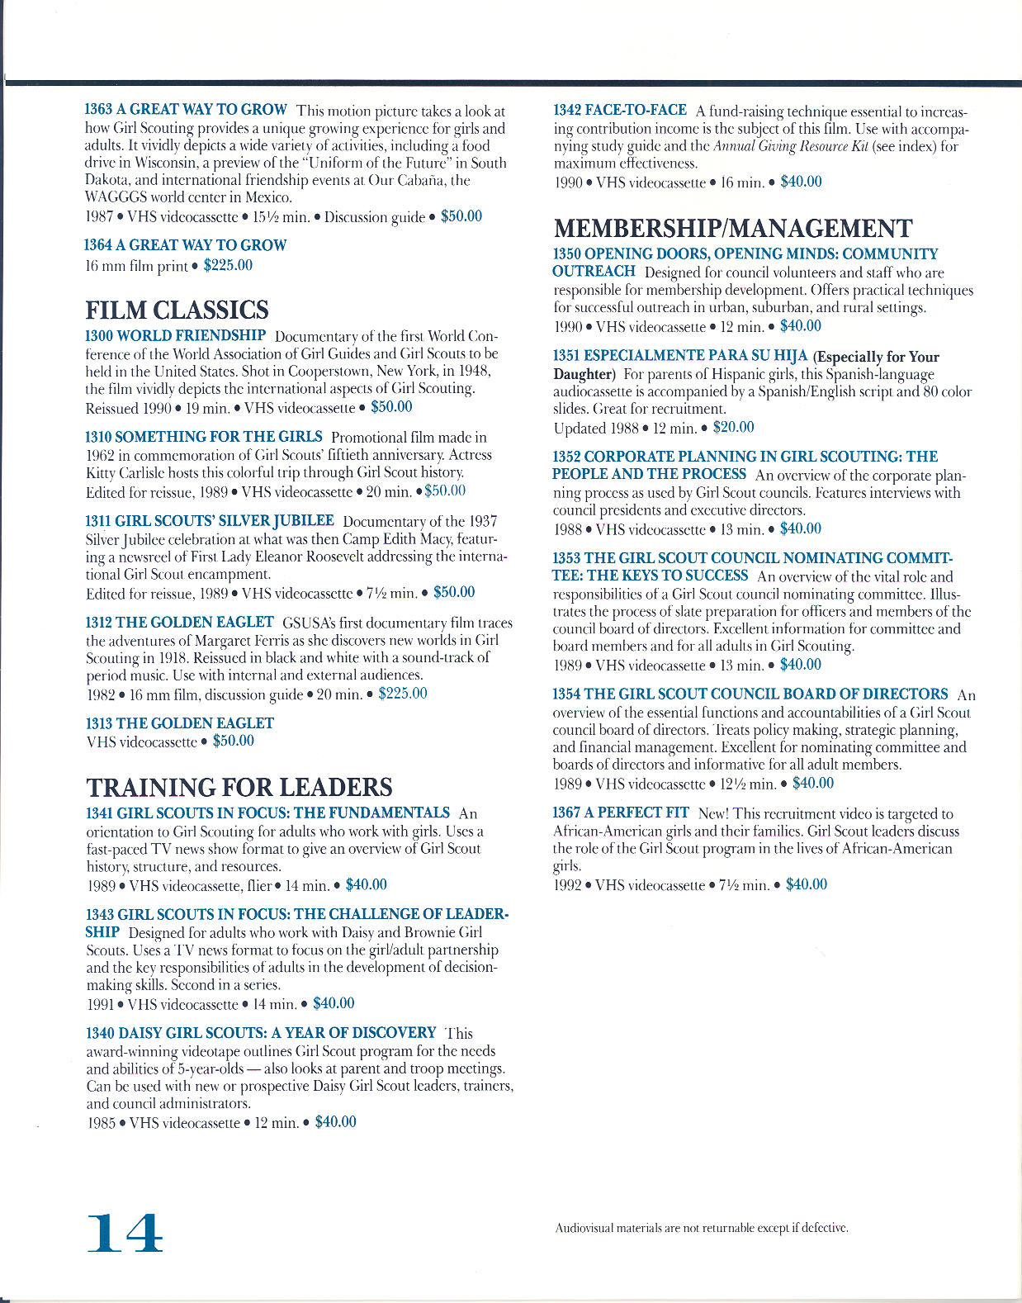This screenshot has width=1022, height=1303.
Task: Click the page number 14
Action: point(125,1234)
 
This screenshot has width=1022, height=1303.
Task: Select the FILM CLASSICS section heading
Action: point(177,310)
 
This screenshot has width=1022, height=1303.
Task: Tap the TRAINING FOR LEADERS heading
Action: point(239,787)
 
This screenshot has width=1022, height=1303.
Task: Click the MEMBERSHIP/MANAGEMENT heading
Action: point(733,229)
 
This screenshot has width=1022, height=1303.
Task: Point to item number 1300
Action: point(99,336)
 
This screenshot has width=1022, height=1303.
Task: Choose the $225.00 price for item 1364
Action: point(228,266)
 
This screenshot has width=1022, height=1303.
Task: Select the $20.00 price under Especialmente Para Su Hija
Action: point(733,427)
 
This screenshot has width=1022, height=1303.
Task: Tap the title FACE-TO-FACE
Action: point(635,111)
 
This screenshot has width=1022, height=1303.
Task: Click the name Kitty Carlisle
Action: point(122,473)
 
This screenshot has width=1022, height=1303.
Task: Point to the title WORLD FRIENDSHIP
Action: point(191,336)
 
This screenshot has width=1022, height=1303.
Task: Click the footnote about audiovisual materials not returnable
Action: point(702,1228)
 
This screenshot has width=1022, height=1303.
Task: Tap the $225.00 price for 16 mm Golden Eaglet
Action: point(403,694)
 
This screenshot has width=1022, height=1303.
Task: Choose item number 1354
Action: point(566,694)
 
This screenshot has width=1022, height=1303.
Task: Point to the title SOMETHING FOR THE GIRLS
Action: point(219,437)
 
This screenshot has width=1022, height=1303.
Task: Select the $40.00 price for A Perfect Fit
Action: point(806,884)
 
